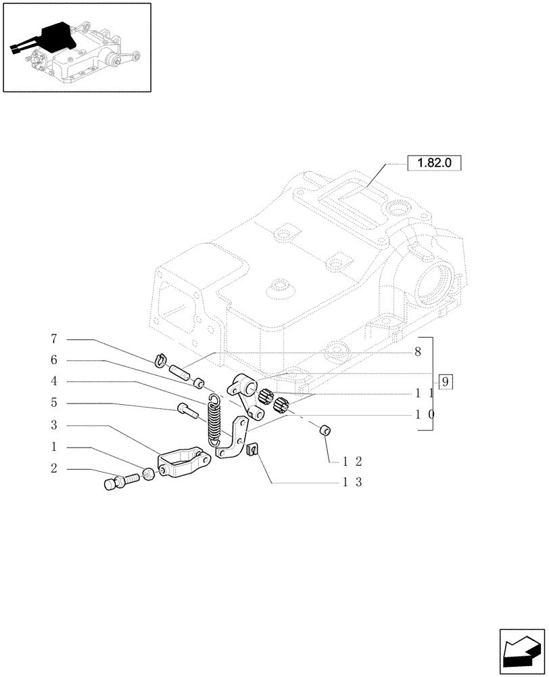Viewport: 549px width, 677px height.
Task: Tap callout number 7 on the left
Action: [53, 338]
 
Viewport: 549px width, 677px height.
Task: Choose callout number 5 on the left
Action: [53, 403]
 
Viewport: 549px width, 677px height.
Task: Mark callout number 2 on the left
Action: [53, 468]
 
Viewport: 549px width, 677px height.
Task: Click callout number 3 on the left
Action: [53, 425]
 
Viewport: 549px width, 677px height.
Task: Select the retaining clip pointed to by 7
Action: [161, 359]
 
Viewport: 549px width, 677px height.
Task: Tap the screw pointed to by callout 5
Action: [185, 408]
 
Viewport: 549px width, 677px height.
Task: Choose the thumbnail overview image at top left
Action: [76, 47]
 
